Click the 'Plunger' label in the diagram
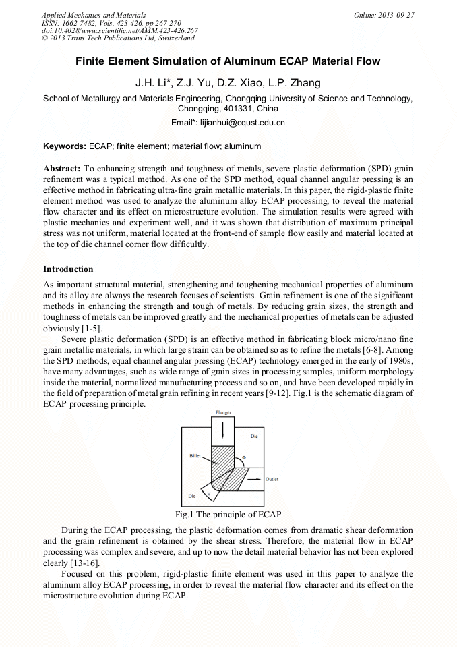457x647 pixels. [224, 412]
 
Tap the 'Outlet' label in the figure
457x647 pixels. [272, 479]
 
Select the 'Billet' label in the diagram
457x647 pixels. [195, 457]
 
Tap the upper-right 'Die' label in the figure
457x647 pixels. [254, 437]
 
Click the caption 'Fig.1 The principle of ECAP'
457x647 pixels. [228, 515]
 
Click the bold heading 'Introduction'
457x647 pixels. [68, 269]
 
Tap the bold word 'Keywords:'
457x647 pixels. [65, 146]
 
